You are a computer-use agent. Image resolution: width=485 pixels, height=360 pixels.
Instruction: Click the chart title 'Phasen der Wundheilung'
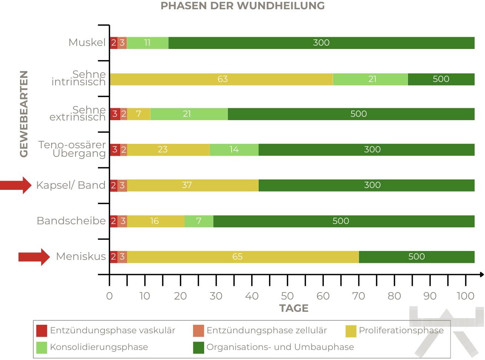(x=242, y=6)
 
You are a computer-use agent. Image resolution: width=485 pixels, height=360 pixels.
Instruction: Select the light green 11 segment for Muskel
(x=147, y=43)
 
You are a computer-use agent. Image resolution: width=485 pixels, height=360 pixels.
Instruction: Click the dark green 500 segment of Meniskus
(x=416, y=257)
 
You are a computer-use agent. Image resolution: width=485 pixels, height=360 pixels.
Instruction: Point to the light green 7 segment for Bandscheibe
(x=199, y=221)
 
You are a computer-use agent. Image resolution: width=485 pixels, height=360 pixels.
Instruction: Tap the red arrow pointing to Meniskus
(x=34, y=257)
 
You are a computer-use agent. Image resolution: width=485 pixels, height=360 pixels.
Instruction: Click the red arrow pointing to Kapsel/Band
(x=16, y=185)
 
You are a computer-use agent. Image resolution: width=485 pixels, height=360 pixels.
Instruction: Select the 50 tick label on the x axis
(x=287, y=296)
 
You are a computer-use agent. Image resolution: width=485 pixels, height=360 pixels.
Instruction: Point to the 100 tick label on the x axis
(x=465, y=296)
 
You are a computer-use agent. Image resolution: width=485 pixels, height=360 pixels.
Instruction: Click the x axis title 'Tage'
(x=294, y=308)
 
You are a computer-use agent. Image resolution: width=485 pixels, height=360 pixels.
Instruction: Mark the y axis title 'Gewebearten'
(x=24, y=114)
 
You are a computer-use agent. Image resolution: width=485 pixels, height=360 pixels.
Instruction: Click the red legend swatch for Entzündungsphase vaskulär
(x=42, y=331)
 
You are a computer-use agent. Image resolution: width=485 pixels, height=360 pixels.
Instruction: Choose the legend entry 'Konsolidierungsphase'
(x=99, y=347)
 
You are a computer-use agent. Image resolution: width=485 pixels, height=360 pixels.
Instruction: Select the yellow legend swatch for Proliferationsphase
(x=351, y=331)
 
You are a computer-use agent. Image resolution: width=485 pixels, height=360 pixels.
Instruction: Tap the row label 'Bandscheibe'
(x=71, y=221)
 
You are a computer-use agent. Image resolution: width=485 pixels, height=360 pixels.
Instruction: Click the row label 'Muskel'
(x=87, y=43)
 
